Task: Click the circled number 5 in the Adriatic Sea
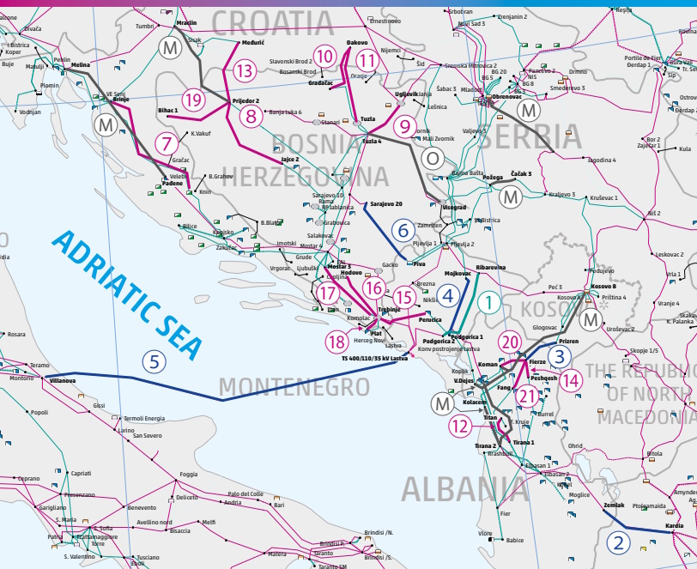click(154, 361)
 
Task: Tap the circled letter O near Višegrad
click(433, 159)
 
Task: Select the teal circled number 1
click(488, 301)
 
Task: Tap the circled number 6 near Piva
click(402, 229)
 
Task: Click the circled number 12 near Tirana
click(460, 424)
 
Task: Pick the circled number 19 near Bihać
click(193, 100)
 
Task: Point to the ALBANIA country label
click(464, 489)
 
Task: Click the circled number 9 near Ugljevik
click(404, 126)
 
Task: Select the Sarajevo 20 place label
click(386, 204)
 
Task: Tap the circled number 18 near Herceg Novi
click(335, 342)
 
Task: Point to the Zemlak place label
click(614, 505)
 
